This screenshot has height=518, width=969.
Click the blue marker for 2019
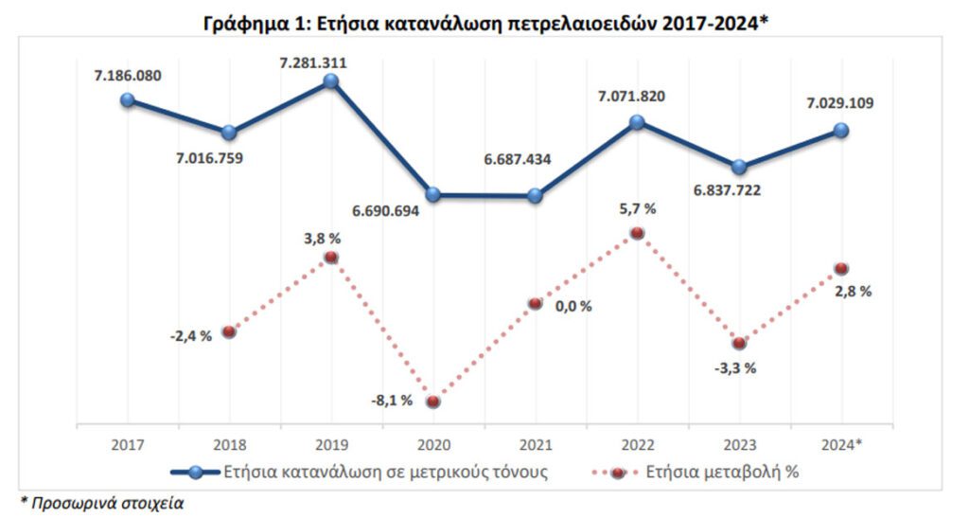tap(330, 81)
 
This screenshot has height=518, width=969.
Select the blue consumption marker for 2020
tap(433, 194)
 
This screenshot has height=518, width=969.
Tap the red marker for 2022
tap(637, 232)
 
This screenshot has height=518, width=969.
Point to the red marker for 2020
tap(433, 402)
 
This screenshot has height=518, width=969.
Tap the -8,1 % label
tap(391, 400)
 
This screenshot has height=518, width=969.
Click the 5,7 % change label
tap(636, 208)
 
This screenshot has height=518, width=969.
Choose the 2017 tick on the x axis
tap(127, 443)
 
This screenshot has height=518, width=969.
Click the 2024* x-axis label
tap(841, 443)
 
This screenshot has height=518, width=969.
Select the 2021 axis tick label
tap(535, 443)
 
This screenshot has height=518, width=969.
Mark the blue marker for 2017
tap(128, 99)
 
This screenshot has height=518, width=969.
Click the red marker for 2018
tap(228, 331)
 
